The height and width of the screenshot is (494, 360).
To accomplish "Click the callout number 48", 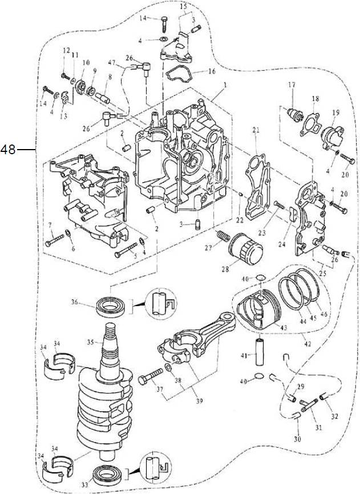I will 7,150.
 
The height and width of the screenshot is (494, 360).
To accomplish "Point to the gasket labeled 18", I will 311,124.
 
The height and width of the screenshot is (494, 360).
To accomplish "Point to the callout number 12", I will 66,51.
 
